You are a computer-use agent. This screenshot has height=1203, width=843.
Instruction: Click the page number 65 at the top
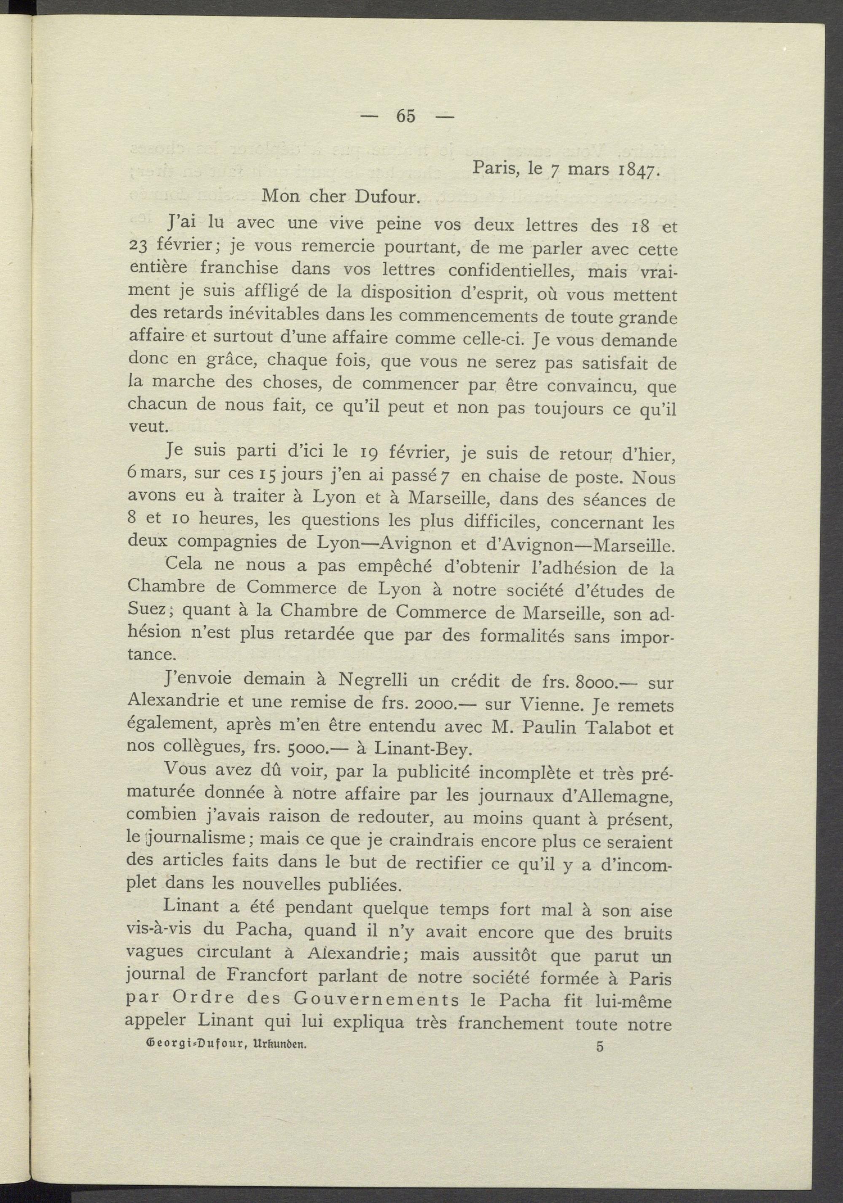click(406, 116)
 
